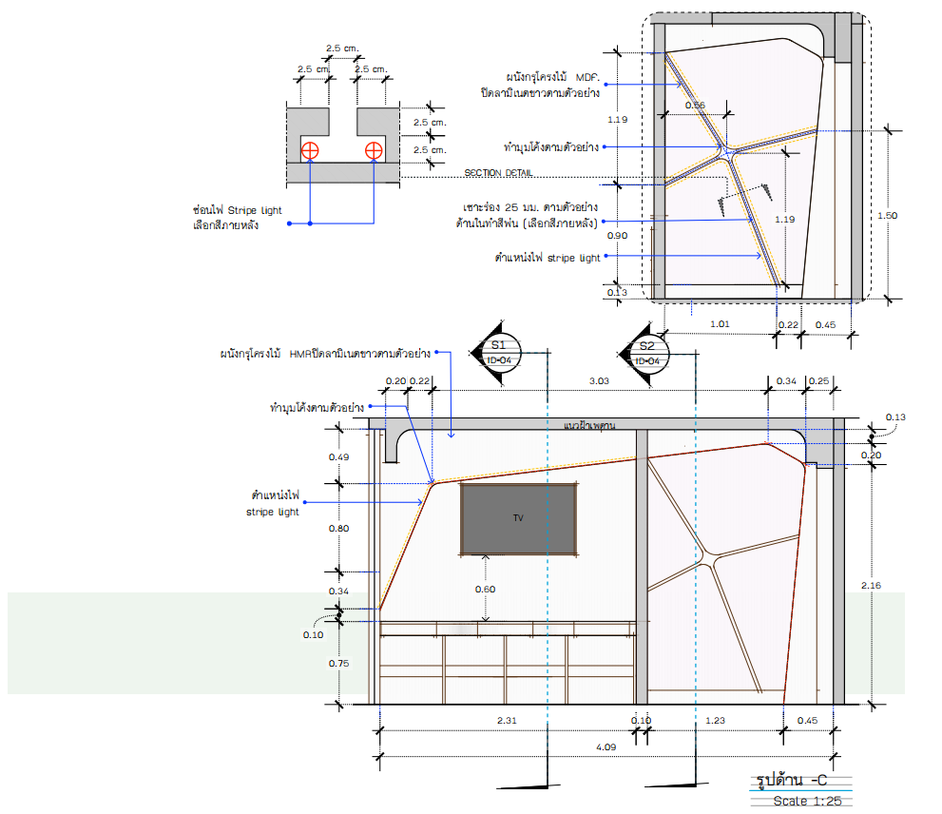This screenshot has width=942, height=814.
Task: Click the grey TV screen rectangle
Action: [519, 518]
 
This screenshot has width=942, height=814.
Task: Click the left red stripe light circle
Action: [311, 150]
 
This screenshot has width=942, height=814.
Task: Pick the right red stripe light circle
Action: [374, 150]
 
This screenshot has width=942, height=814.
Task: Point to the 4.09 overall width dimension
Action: [606, 747]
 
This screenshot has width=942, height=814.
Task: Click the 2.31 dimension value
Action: [507, 720]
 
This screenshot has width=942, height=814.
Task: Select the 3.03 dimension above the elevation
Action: [599, 381]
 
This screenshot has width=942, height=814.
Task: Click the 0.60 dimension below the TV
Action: [486, 589]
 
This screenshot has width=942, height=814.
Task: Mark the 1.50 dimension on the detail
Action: [887, 216]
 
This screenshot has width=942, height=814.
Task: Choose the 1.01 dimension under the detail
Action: [720, 324]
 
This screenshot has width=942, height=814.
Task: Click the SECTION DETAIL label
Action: [498, 173]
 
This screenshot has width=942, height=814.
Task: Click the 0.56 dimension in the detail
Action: [695, 105]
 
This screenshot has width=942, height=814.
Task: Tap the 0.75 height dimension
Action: [338, 664]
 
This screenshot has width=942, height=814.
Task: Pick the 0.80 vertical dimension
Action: [338, 528]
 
